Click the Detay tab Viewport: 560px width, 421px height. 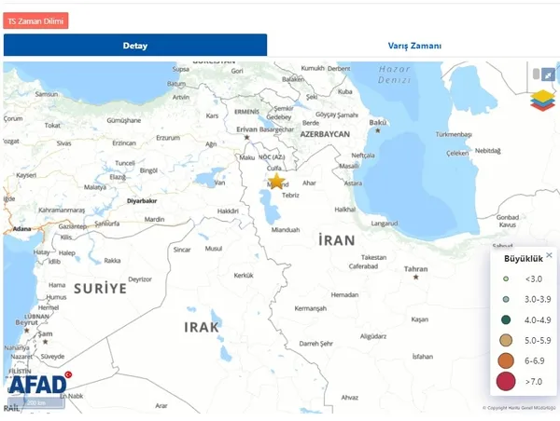click(x=135, y=46)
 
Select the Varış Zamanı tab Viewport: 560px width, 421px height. click(x=414, y=46)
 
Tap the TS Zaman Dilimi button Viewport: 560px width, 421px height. click(x=36, y=20)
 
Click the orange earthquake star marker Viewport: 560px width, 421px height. click(x=276, y=181)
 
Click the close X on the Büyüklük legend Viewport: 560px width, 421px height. click(x=549, y=255)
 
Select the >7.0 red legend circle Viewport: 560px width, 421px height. click(x=506, y=381)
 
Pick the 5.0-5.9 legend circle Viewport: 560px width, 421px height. click(x=506, y=339)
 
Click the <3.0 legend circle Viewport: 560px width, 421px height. click(x=506, y=278)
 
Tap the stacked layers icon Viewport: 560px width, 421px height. click(x=541, y=100)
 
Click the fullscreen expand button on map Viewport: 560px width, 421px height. click(x=546, y=74)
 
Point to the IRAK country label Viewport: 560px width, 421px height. click(x=201, y=327)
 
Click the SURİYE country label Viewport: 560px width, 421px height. click(x=100, y=289)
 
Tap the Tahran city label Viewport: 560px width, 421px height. click(x=415, y=269)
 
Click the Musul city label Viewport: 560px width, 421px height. click(x=215, y=249)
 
